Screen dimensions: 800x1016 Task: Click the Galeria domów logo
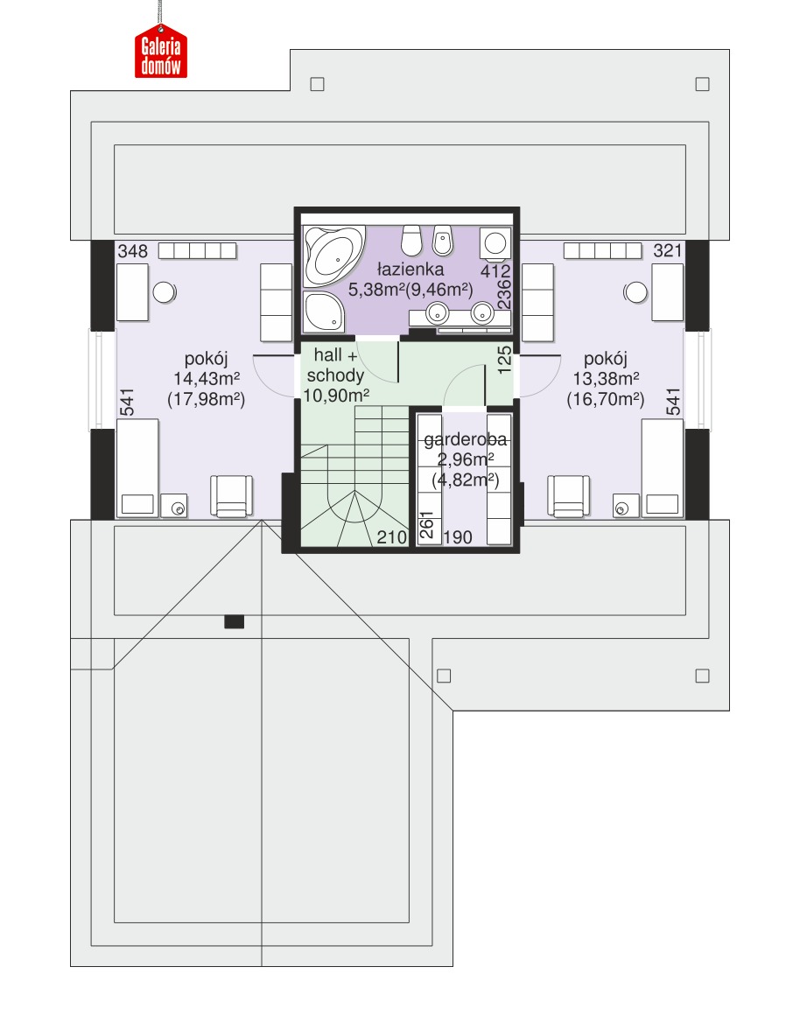click(161, 52)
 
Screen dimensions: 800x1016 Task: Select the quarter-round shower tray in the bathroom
click(324, 311)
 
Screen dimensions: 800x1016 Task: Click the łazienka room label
click(411, 269)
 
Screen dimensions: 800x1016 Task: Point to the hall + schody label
click(335, 365)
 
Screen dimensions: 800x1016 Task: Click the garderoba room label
click(466, 438)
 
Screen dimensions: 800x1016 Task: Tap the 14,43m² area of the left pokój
click(207, 378)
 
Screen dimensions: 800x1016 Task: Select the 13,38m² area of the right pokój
click(606, 378)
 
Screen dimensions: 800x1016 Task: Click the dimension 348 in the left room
click(133, 251)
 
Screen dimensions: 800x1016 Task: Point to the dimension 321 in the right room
click(668, 250)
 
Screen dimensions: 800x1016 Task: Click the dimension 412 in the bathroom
click(495, 271)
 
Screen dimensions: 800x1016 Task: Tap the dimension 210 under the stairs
click(391, 536)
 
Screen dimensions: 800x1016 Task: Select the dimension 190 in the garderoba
click(458, 536)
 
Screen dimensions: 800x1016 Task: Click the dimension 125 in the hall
click(504, 360)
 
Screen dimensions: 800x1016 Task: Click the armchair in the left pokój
click(231, 496)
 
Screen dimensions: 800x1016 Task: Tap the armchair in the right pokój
click(569, 496)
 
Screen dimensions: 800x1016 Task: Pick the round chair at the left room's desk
click(164, 292)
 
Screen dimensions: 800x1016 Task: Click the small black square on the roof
click(234, 621)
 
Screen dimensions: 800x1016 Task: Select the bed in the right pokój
click(663, 468)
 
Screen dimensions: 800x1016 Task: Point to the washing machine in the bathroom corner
click(495, 243)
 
